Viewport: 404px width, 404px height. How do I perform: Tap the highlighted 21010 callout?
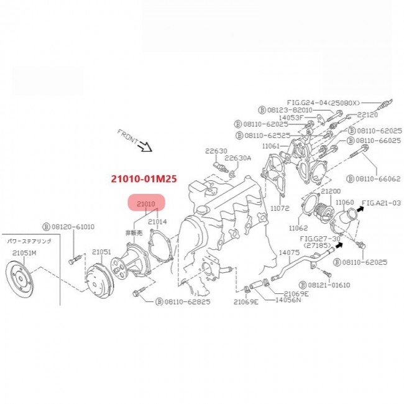tap(146, 204)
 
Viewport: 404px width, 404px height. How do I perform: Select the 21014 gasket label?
tap(158, 221)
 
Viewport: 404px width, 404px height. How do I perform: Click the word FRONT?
tap(129, 137)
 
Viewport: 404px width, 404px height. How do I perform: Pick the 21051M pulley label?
tap(24, 252)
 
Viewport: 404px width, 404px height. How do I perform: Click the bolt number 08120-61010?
tap(73, 227)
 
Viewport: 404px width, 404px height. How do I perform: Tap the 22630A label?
tap(238, 158)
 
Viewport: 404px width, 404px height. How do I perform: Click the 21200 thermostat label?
tap(330, 191)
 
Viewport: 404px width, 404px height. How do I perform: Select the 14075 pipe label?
tap(289, 252)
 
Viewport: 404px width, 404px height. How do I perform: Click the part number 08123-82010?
tap(295, 109)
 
